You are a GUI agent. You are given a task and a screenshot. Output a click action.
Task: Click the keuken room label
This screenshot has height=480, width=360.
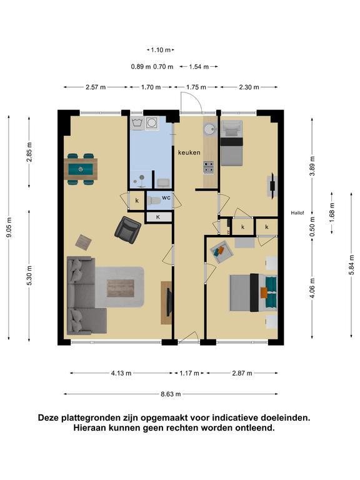tap(189, 152)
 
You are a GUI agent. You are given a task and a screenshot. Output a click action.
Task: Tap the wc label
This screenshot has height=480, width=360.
tap(166, 197)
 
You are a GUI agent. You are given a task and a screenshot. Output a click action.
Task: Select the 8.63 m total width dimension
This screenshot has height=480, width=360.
tap(171, 394)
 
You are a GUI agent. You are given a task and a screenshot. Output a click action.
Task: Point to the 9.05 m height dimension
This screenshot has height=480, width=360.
tap(9, 227)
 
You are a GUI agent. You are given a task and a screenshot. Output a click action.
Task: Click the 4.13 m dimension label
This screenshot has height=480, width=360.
tap(121, 373)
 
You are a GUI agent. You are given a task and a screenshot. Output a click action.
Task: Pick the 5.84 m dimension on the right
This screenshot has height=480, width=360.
tap(351, 265)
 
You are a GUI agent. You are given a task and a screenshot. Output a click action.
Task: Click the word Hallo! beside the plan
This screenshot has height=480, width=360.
tap(297, 213)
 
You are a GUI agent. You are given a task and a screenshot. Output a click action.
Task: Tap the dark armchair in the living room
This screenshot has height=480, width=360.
tap(127, 230)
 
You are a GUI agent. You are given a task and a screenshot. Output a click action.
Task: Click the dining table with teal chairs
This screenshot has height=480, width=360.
tap(81, 169)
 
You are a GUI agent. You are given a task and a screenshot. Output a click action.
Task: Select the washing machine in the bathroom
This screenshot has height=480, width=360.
tap(151, 123)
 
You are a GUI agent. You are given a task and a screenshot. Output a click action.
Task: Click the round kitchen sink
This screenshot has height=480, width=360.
tap(210, 129)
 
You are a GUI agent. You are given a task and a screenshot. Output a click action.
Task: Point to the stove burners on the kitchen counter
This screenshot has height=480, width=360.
tap(209, 167)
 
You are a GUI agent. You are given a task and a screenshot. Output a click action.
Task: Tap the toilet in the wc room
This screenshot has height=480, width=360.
tap(154, 201)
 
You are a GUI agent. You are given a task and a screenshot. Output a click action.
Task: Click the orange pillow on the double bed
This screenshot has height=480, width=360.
tap(264, 292)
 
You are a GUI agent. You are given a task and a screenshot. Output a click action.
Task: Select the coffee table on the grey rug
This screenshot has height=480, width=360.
tap(120, 288)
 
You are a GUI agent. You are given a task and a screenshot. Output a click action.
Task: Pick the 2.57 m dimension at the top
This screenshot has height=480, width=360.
tap(96, 87)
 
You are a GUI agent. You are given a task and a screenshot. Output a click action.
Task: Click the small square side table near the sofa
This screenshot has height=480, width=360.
tap(84, 242)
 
